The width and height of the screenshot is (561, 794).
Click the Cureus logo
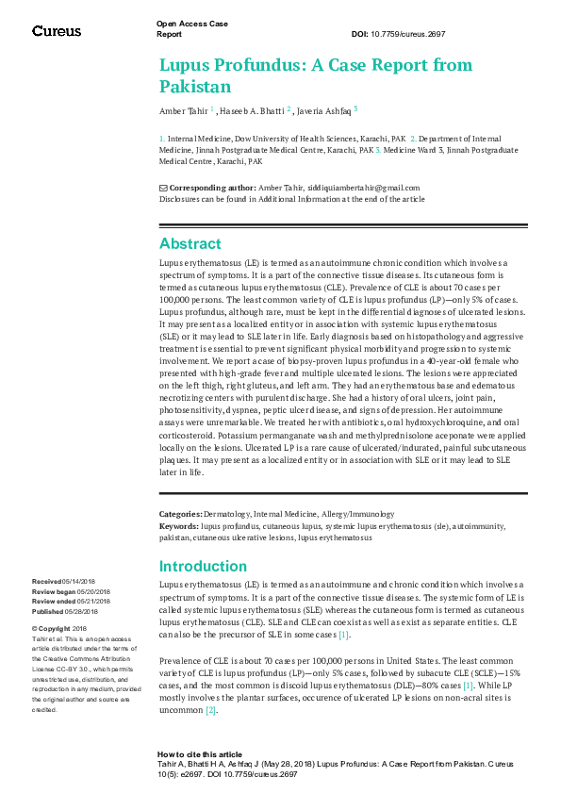pos(58,30)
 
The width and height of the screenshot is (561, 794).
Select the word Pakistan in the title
pos(195,88)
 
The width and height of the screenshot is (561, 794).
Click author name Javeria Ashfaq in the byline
pos(322,111)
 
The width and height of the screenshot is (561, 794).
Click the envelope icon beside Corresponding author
pos(163,188)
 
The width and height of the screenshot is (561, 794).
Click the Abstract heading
pos(190,243)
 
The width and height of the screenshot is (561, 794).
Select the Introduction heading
pos(203,567)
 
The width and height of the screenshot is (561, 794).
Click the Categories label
pos(180,514)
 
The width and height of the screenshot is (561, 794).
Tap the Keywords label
pos(178,524)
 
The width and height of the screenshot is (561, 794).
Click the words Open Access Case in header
pos(192,23)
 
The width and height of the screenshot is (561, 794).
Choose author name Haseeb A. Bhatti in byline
pos(260,111)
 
